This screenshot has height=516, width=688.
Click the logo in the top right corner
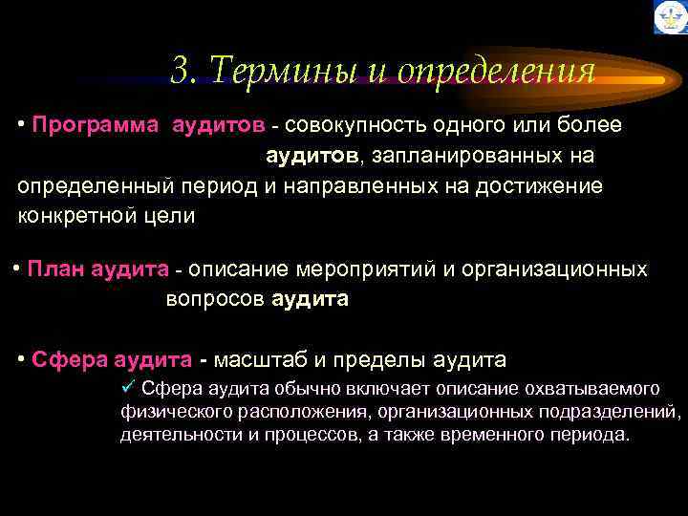click(669, 17)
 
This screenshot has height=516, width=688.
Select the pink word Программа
click(94, 125)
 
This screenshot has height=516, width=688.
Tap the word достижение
click(545, 185)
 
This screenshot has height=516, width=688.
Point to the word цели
click(172, 215)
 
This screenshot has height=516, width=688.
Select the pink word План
click(54, 269)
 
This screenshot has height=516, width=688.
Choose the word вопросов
click(216, 299)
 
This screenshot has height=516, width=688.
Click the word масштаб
click(266, 360)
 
